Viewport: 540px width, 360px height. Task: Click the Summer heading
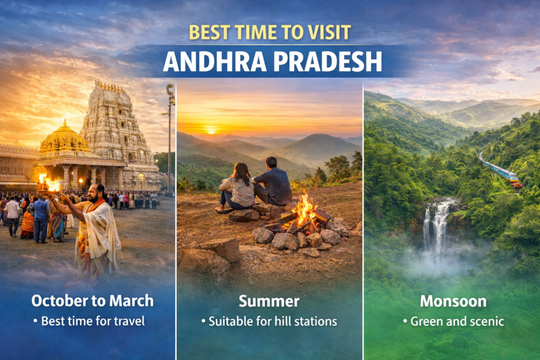coord(269,301)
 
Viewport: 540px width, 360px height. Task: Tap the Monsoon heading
coord(453,301)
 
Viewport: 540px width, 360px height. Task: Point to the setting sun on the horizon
coord(211,131)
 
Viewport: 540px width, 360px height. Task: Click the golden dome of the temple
coord(64,138)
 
